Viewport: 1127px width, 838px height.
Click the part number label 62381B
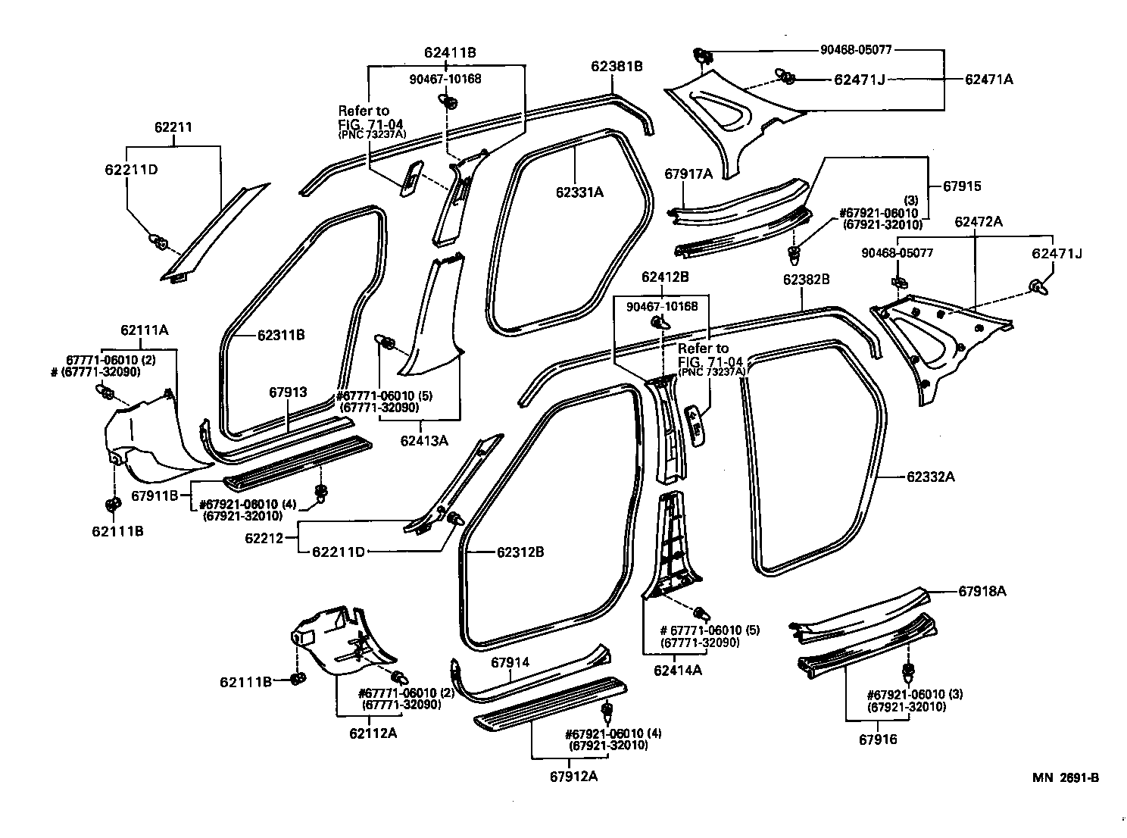[x=617, y=66]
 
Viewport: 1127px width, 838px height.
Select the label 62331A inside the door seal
[x=579, y=192]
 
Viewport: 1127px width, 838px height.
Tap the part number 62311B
[x=281, y=334]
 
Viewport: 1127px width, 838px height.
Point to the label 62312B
[x=520, y=552]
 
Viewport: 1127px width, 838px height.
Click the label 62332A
[x=931, y=477]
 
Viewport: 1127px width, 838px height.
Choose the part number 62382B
[x=806, y=280]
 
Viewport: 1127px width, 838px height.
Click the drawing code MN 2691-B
[x=1064, y=778]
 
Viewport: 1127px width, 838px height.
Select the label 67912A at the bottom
[x=574, y=775]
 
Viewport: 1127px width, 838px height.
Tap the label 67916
[x=878, y=739]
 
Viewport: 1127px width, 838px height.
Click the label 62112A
[x=373, y=733]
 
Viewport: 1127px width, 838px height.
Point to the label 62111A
[x=144, y=330]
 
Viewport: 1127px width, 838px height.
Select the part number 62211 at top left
[x=173, y=128]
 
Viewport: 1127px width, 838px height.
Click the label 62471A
[x=988, y=79]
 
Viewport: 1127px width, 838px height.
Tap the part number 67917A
[x=688, y=174]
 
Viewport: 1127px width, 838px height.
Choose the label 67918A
[x=982, y=591]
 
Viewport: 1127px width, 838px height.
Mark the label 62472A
[x=979, y=221]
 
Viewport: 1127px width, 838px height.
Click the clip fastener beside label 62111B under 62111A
[x=112, y=505]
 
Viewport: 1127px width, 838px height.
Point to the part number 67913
[x=288, y=392]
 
